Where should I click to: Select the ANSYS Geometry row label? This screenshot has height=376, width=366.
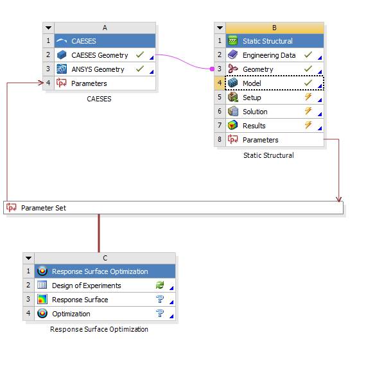tap(98, 69)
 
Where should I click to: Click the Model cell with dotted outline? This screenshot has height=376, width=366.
tap(275, 83)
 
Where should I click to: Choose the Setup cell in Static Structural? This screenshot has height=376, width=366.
tap(275, 98)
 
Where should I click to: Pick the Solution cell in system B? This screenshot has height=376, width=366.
tap(275, 112)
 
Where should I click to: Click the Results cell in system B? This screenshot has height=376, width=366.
tap(275, 126)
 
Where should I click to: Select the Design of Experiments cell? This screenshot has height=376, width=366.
tap(105, 286)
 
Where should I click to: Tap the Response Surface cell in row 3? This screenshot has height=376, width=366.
tap(105, 300)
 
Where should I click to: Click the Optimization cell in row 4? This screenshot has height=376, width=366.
tap(105, 314)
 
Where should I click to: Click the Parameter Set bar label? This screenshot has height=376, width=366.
tap(44, 208)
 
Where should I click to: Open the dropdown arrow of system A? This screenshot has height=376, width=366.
tap(49, 28)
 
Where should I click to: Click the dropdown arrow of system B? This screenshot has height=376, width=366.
tap(220, 28)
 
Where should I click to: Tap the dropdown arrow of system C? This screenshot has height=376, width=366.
tap(28, 259)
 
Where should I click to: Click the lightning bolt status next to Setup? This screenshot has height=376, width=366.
tap(308, 97)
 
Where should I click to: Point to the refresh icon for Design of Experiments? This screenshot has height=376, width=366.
tap(160, 285)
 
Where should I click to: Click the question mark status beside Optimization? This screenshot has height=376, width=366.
tap(160, 313)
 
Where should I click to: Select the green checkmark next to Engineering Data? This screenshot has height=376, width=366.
tap(308, 55)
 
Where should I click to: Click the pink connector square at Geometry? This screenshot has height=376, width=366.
tap(212, 69)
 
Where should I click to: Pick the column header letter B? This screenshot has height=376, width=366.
tap(275, 28)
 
